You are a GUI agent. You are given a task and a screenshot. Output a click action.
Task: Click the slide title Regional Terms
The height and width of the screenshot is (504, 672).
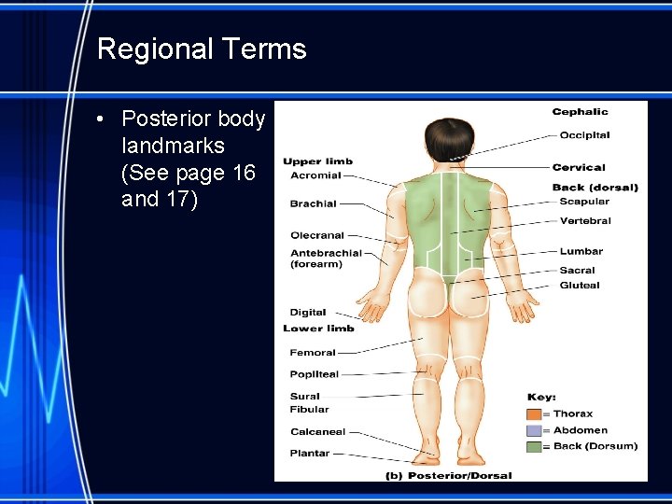click(x=202, y=49)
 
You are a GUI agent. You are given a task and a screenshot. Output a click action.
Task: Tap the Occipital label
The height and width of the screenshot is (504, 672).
click(x=584, y=135)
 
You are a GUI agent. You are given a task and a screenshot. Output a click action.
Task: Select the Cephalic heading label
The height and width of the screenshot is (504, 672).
click(x=580, y=112)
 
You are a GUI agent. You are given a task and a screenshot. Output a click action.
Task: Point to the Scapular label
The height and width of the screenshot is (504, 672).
click(x=584, y=202)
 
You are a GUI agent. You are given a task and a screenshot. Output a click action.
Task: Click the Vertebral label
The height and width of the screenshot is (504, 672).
click(x=585, y=221)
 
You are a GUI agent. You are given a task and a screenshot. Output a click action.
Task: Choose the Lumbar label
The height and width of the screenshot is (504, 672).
click(x=581, y=251)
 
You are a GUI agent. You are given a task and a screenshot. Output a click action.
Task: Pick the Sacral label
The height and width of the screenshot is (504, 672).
click(x=578, y=271)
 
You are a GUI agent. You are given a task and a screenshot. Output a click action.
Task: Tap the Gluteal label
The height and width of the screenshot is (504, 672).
click(x=580, y=286)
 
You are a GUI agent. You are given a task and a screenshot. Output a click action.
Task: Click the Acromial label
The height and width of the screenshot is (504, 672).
click(x=315, y=175)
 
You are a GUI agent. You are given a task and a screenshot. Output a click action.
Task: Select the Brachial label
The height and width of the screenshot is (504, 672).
click(x=313, y=203)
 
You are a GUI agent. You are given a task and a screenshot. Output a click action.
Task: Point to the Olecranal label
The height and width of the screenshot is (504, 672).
click(x=317, y=235)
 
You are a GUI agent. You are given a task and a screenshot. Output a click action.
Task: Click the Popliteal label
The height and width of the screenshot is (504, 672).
click(x=315, y=374)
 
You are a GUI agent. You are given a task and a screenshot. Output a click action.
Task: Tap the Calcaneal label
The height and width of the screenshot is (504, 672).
click(x=317, y=432)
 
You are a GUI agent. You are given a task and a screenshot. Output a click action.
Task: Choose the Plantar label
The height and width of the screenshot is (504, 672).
click(x=310, y=454)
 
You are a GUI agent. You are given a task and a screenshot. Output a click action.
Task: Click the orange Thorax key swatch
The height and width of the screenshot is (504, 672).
click(x=534, y=414)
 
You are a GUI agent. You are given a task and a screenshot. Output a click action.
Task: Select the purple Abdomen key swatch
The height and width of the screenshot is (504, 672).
click(x=534, y=431)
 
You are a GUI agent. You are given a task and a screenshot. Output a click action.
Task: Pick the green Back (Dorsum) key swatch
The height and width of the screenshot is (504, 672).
click(x=534, y=447)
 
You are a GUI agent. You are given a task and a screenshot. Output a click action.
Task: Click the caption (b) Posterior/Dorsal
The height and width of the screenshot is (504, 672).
click(x=449, y=475)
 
